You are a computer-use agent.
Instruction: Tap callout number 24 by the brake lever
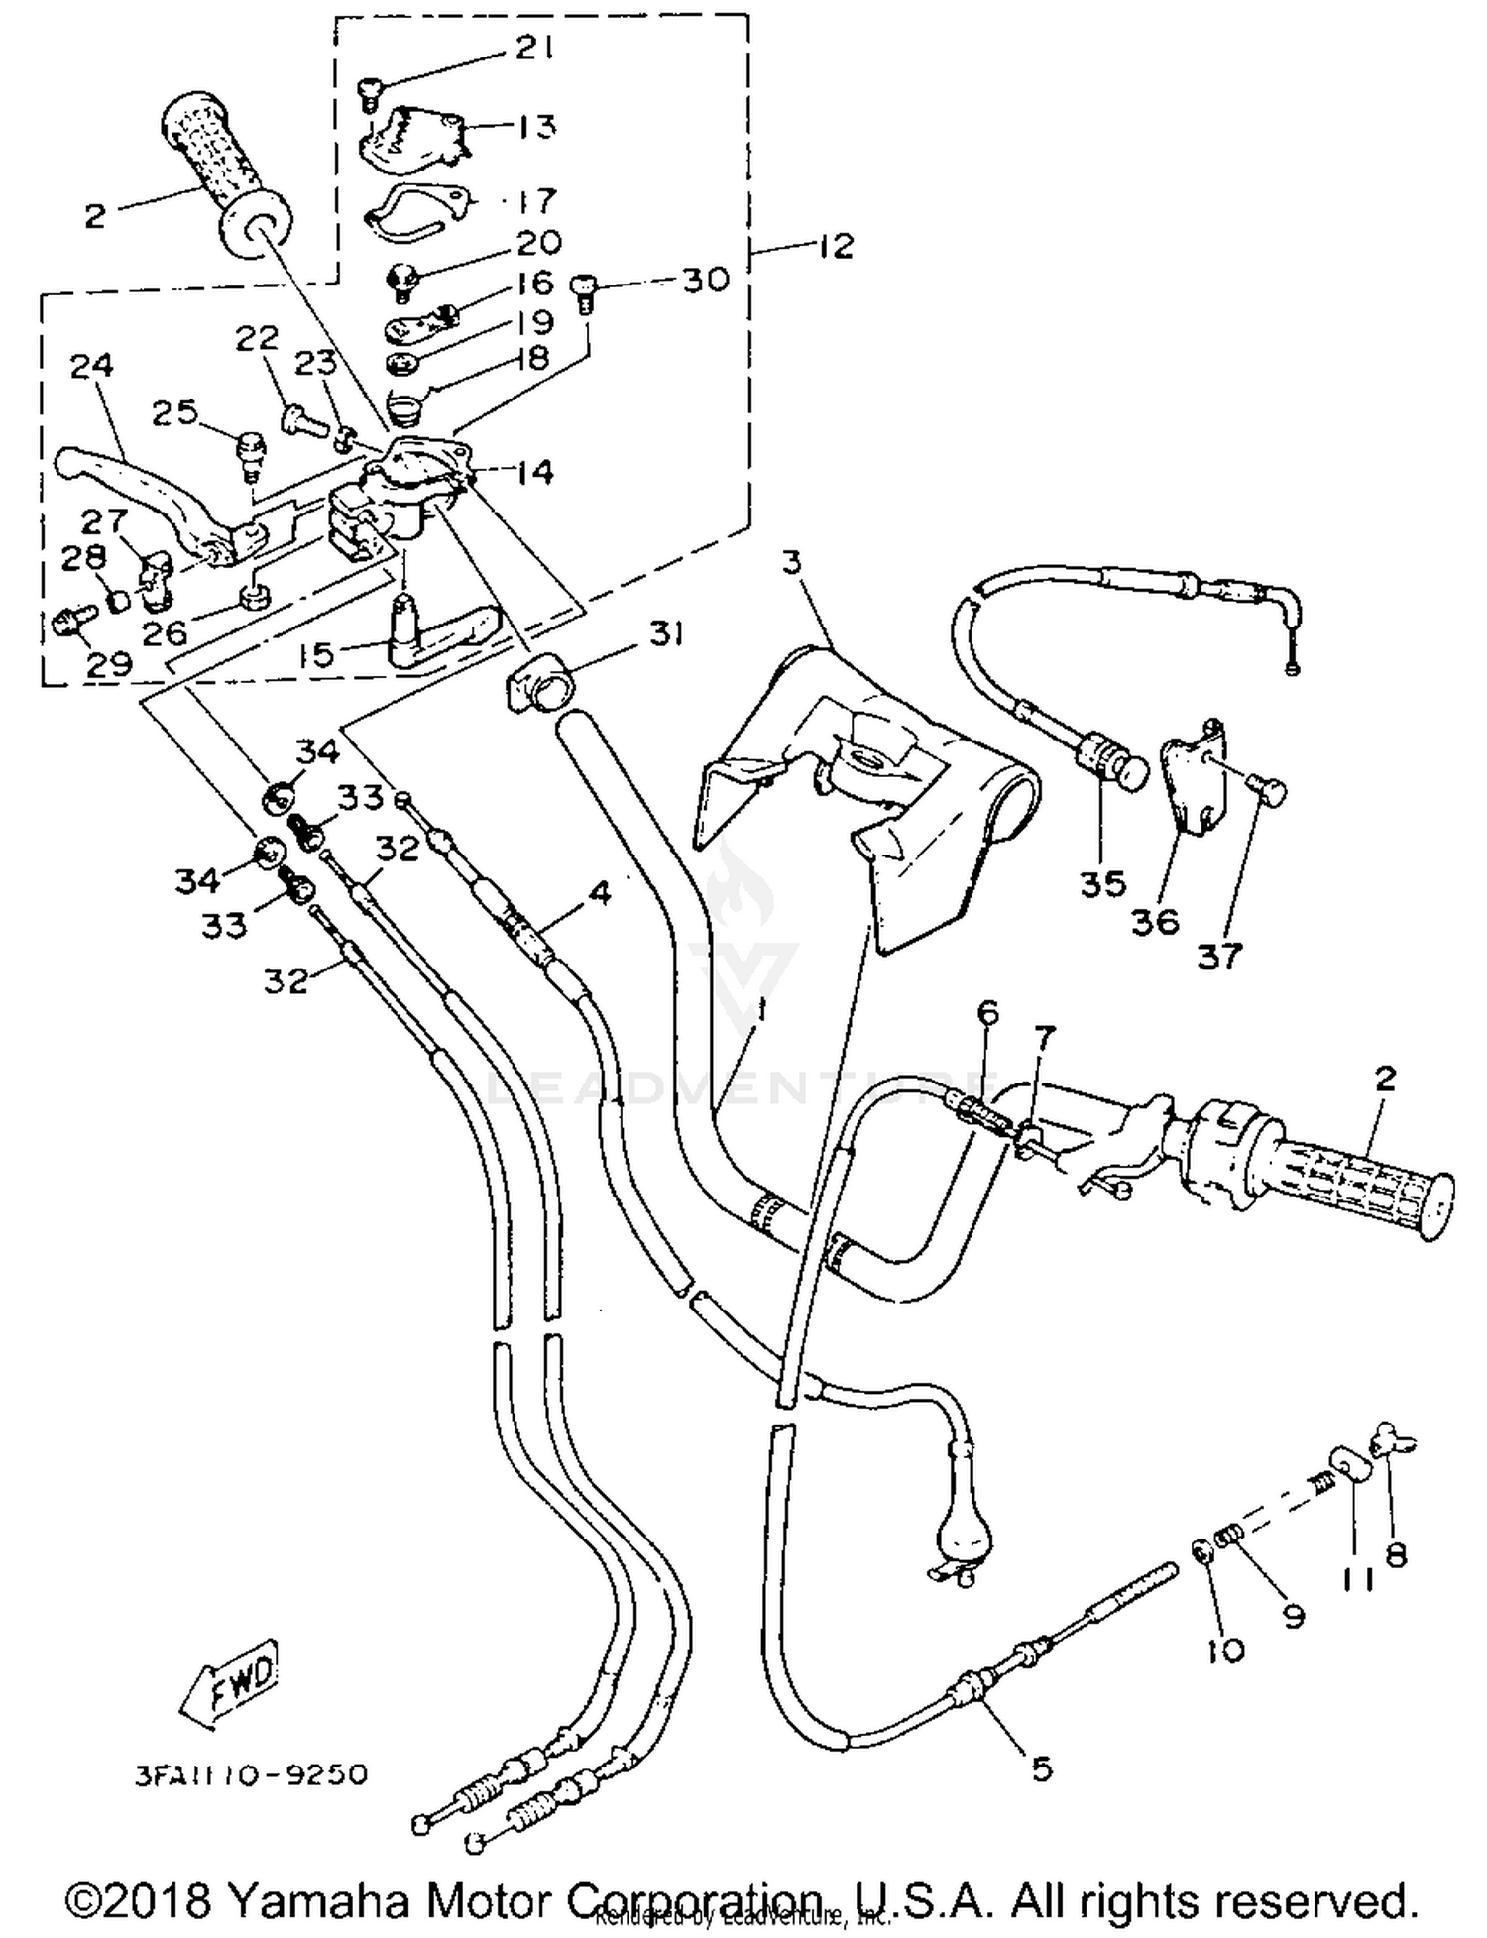[x=92, y=367]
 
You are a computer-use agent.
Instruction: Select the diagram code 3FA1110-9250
[x=251, y=1773]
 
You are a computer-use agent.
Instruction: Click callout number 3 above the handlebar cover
[x=790, y=563]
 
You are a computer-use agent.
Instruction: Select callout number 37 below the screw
[x=1219, y=956]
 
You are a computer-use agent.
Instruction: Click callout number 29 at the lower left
[x=109, y=663]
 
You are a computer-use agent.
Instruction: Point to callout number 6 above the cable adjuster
[x=987, y=1013]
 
